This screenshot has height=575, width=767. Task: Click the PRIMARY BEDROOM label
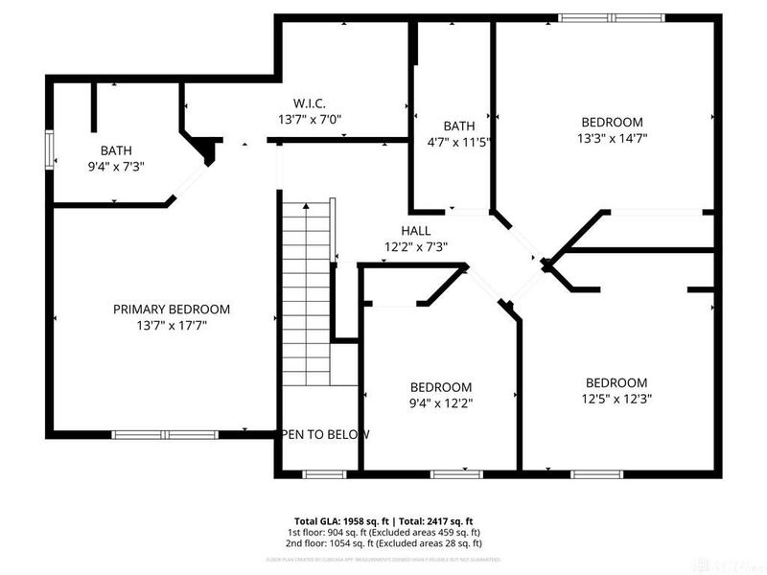172,309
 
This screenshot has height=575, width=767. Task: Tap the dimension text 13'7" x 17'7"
172,325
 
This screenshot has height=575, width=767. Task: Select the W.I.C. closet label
310,103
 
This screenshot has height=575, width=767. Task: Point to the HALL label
416,231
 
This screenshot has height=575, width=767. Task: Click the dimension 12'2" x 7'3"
416,246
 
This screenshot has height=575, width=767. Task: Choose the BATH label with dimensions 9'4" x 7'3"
116,150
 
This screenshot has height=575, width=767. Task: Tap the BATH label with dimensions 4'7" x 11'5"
458,126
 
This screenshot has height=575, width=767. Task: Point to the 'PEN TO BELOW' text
325,434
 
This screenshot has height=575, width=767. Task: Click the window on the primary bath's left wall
50,151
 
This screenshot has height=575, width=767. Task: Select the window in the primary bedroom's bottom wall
153,434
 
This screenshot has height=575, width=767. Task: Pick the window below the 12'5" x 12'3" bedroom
596,473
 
